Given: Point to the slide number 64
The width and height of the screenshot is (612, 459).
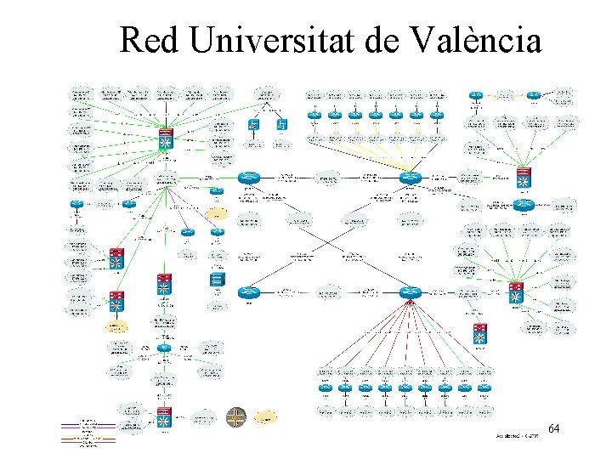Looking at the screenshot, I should coord(554,428).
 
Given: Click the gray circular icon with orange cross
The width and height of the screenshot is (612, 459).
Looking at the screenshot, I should coord(236,417).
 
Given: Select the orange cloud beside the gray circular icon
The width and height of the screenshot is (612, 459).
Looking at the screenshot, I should coord(267,417).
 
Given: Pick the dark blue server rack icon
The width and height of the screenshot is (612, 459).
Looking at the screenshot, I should coord(218,280).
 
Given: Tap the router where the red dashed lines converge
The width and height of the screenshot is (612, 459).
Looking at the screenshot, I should coord(411,292).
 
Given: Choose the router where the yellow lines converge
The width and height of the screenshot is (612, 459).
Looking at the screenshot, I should coord(411,178).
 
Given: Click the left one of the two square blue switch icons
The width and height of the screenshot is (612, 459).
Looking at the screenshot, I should coord(253,125).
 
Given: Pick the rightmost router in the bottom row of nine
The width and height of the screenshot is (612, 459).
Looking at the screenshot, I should coord(484,388).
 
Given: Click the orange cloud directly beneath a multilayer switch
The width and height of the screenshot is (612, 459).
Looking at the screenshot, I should coord(114,327).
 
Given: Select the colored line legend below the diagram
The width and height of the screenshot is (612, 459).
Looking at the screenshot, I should coord(87,431).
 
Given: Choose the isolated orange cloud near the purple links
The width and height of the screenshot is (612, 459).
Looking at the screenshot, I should coord(217,212).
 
